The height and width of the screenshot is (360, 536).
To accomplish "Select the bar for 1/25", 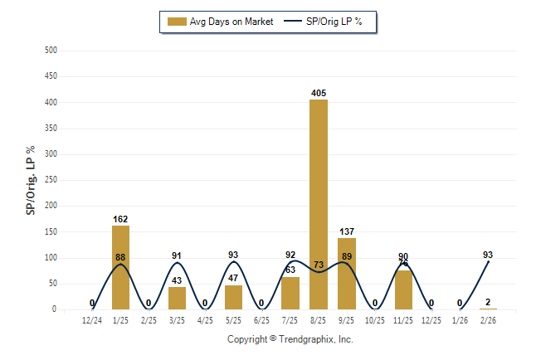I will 121,267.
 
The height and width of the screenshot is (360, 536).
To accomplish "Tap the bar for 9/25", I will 347,274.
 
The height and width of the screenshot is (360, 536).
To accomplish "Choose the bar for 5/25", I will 234,298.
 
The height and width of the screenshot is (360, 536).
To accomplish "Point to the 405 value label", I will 319,93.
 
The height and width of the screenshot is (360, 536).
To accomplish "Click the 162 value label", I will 121,220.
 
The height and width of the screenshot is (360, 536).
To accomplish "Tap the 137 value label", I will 347,231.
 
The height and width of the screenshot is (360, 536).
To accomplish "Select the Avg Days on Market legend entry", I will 220,22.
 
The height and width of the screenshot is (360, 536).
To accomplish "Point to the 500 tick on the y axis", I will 51,50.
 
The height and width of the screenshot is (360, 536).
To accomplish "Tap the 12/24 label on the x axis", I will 93,319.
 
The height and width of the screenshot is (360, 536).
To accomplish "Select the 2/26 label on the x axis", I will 488,319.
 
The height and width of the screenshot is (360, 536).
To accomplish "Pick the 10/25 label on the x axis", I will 375,319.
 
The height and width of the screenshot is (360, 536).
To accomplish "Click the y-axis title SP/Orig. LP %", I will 31,179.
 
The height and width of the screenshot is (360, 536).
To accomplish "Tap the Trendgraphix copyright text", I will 290,339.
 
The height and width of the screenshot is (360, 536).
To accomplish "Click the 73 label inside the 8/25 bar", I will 319,265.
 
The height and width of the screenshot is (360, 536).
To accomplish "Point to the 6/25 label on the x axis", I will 262,319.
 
